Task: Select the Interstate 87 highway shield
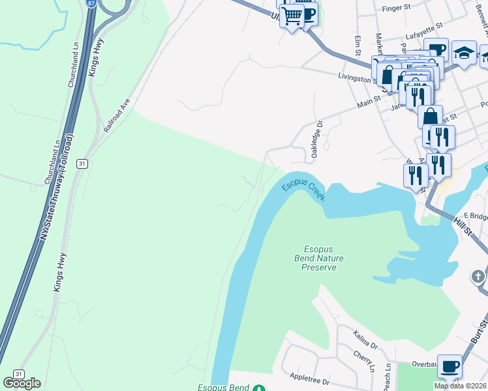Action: pyautogui.click(x=89, y=4)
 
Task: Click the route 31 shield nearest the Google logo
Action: pyautogui.click(x=18, y=374)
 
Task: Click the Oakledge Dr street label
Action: pyautogui.click(x=317, y=138)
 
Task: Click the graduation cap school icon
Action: pyautogui.click(x=463, y=54)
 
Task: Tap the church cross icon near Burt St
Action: pyautogui.click(x=478, y=277)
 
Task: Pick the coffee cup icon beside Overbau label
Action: pyautogui.click(x=449, y=366)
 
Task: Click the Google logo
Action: pyautogui.click(x=22, y=383)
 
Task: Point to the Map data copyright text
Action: pyautogui.click(x=460, y=386)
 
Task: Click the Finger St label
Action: pyautogui.click(x=400, y=9)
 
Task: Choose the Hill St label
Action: pyautogui.click(x=463, y=227)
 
